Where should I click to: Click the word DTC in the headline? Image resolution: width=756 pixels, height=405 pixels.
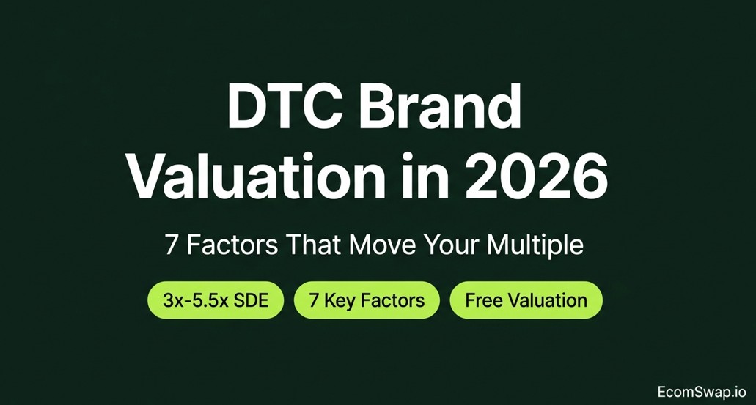285,107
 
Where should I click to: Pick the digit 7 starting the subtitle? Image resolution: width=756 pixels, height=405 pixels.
171,245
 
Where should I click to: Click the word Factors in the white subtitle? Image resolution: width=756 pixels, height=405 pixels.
232,245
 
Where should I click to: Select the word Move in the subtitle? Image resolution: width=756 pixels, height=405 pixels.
383,245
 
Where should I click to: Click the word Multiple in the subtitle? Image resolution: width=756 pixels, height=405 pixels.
535,245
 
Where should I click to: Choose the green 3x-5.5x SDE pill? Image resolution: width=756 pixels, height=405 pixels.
216,300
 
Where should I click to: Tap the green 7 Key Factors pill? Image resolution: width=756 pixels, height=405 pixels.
367,300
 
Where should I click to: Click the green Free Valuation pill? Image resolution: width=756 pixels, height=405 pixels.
526,300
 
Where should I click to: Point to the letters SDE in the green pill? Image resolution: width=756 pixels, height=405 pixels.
251,300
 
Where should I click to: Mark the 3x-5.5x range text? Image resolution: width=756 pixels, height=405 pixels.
195,300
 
